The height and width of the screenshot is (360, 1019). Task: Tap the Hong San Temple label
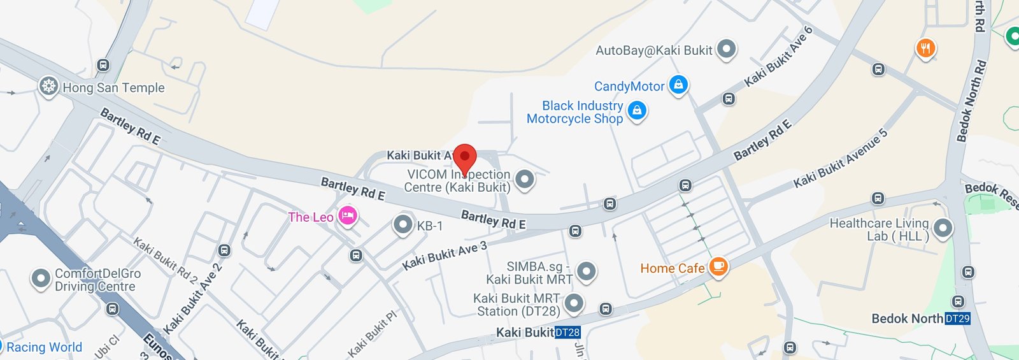click(x=113, y=88)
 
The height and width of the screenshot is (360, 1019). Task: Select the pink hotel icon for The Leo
click(x=347, y=217)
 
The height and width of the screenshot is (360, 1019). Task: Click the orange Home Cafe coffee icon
click(x=718, y=267)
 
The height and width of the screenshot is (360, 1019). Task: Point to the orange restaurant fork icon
click(x=925, y=48)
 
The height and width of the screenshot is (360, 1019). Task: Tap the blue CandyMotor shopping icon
click(x=679, y=85)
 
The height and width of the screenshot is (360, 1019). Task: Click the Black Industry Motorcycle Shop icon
click(x=637, y=111)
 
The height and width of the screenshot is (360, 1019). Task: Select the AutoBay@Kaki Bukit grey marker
click(x=726, y=49)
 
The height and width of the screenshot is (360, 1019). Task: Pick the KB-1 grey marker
click(x=403, y=224)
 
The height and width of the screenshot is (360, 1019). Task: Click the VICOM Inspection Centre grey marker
click(x=525, y=180)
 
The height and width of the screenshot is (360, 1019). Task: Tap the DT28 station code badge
click(x=567, y=332)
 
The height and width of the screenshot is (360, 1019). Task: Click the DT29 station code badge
click(x=957, y=319)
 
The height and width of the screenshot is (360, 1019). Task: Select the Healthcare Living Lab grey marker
click(x=943, y=228)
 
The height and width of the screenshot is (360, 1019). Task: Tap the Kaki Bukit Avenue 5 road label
click(x=840, y=159)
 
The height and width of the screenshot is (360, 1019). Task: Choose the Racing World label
click(x=44, y=347)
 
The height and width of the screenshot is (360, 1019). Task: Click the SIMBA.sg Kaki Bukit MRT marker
click(x=586, y=272)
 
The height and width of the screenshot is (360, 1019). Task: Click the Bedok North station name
click(x=907, y=319)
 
